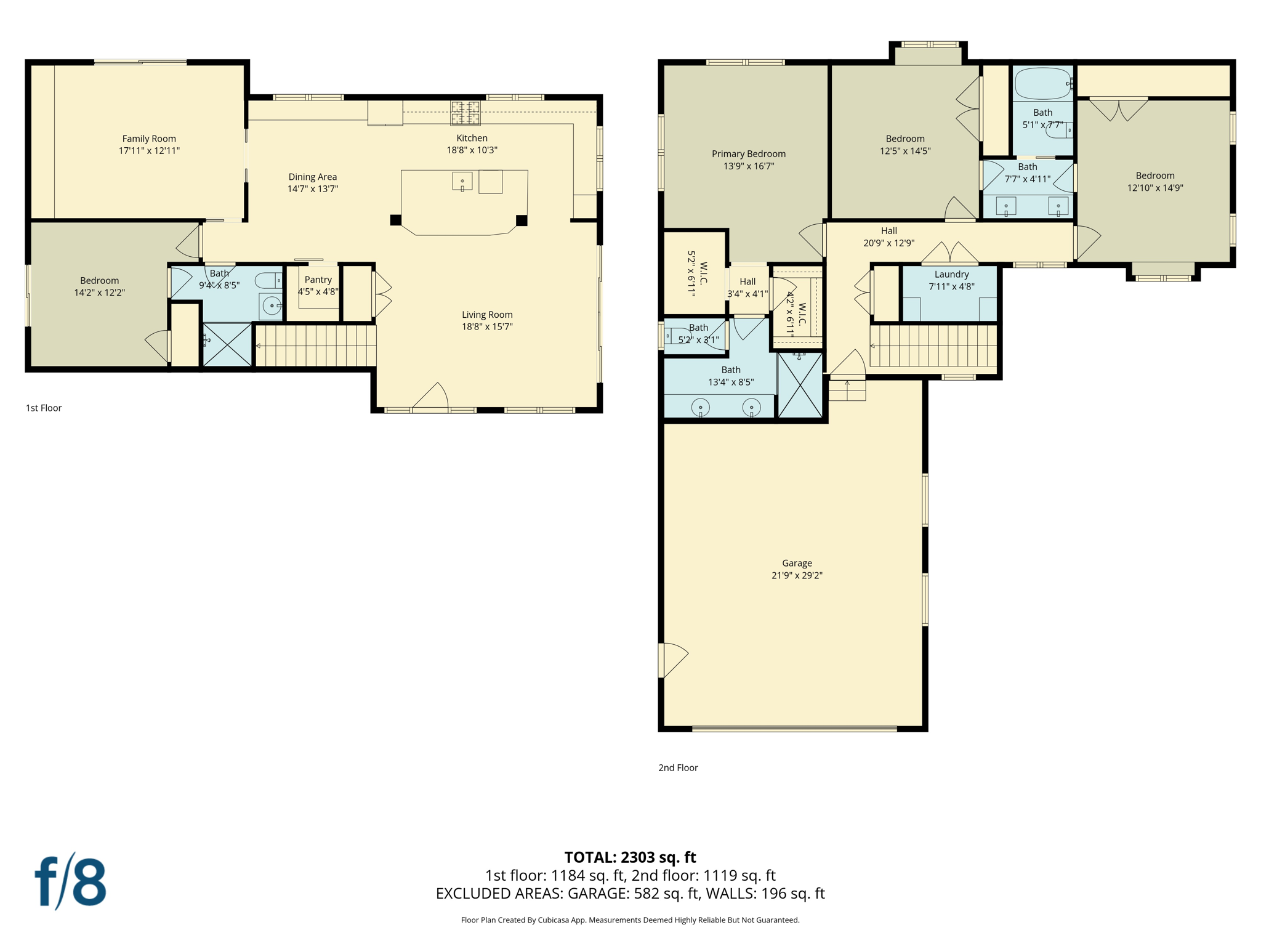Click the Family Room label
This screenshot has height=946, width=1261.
coord(149,139)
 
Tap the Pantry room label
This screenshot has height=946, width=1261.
coord(318,280)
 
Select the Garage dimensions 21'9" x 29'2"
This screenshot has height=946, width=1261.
coord(797,575)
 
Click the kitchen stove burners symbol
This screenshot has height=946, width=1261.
coord(465,113)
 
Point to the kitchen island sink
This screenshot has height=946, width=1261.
coord(462,182)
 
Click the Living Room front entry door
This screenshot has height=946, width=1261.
coord(431,397)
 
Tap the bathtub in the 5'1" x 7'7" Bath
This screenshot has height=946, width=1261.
coord(1042,84)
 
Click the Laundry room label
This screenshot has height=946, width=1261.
coord(951,274)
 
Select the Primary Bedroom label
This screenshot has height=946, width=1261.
coord(748,154)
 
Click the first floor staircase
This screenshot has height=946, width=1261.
coord(315,346)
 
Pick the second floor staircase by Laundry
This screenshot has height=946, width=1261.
coord(933,346)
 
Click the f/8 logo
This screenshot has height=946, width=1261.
coord(70,881)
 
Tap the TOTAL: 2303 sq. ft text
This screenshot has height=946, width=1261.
coord(630,857)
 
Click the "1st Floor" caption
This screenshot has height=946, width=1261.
coord(44,408)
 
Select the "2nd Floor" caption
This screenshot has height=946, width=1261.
coord(678,767)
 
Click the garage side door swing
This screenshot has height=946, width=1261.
coord(673,660)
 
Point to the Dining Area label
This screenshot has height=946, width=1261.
coord(312,177)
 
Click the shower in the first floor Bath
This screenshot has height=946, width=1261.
coord(227,346)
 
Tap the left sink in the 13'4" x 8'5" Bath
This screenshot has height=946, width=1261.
coord(700,408)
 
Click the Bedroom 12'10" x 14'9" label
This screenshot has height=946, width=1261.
coord(1154,176)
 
